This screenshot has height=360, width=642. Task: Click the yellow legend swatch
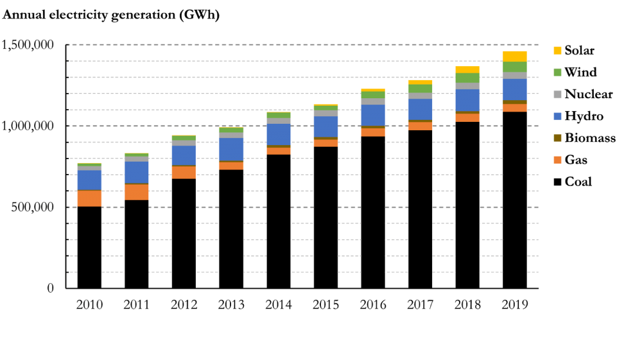[557, 50]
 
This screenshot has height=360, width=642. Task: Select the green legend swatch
[557, 72]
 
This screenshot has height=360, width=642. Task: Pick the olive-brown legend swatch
[557, 138]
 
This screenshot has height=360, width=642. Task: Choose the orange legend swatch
[557, 165]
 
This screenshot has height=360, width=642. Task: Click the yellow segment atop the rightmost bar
[515, 56]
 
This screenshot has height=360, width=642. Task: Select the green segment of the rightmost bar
[515, 67]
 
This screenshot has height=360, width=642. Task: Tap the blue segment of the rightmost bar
[515, 89]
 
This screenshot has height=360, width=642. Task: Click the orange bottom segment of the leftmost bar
[89, 198]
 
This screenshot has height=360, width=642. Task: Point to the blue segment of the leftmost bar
[89, 180]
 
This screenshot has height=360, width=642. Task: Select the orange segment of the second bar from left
[137, 192]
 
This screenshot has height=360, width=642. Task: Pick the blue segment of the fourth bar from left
[231, 150]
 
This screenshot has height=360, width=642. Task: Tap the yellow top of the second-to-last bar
[467, 69]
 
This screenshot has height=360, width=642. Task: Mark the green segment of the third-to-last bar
[420, 89]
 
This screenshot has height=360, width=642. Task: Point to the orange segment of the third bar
[184, 172]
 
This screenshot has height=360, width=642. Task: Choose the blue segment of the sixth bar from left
[325, 126]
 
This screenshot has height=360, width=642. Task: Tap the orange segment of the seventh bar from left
[373, 132]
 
